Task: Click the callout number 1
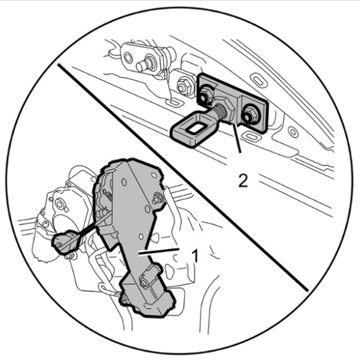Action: (x=195, y=256)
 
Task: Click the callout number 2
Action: (x=243, y=180)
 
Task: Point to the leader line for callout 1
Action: (x=158, y=251)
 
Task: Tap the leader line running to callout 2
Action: (x=236, y=138)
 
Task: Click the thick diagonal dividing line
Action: (x=183, y=178)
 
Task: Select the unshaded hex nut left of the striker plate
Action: (x=184, y=86)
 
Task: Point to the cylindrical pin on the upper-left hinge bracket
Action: (x=145, y=63)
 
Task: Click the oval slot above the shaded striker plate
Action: (x=258, y=79)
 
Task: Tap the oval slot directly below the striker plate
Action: (x=251, y=136)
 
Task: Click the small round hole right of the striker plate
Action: (x=293, y=132)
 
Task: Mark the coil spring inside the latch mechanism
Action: (x=109, y=198)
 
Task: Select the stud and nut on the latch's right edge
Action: (x=157, y=198)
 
